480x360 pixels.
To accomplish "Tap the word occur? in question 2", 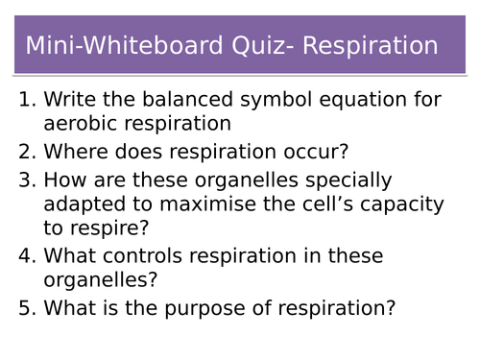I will tap(313, 151).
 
